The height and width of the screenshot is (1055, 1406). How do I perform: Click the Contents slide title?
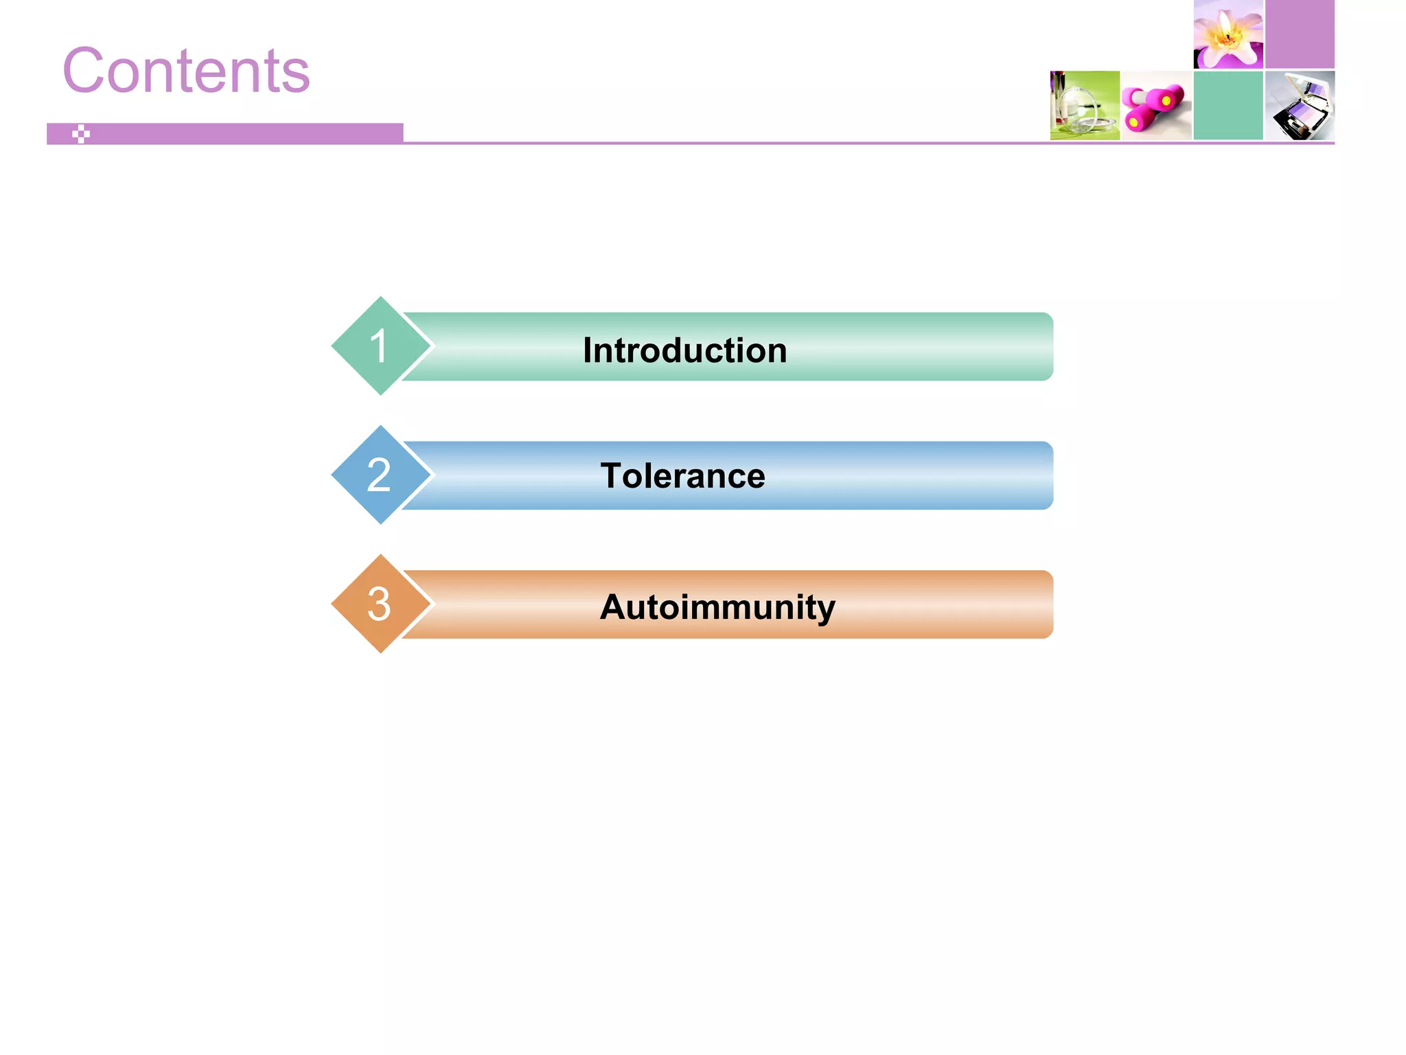(x=186, y=71)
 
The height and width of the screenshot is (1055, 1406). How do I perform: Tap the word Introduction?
(x=684, y=350)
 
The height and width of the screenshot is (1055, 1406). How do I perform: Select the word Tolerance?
(x=682, y=476)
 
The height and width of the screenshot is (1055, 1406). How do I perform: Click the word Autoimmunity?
(x=717, y=607)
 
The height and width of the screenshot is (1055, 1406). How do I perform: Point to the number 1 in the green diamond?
(x=378, y=345)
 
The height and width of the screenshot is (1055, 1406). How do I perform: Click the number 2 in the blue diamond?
(x=378, y=475)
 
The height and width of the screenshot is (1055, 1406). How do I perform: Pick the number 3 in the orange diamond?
(x=378, y=604)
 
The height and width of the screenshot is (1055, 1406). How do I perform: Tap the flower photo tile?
(x=1228, y=34)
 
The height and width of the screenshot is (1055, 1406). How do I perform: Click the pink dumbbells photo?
(x=1156, y=106)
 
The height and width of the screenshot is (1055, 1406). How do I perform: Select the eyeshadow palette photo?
(x=1300, y=106)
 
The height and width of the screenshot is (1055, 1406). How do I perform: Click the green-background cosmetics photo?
(x=1085, y=106)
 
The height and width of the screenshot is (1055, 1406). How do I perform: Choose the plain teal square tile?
(x=1228, y=106)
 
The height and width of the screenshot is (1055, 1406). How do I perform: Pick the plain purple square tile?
(x=1300, y=34)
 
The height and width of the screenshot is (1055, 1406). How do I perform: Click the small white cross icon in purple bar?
(x=81, y=134)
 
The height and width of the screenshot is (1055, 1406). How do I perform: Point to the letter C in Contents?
(x=86, y=71)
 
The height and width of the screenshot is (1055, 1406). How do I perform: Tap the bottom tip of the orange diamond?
(x=380, y=650)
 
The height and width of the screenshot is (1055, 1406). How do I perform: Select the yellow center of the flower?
(x=1227, y=38)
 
